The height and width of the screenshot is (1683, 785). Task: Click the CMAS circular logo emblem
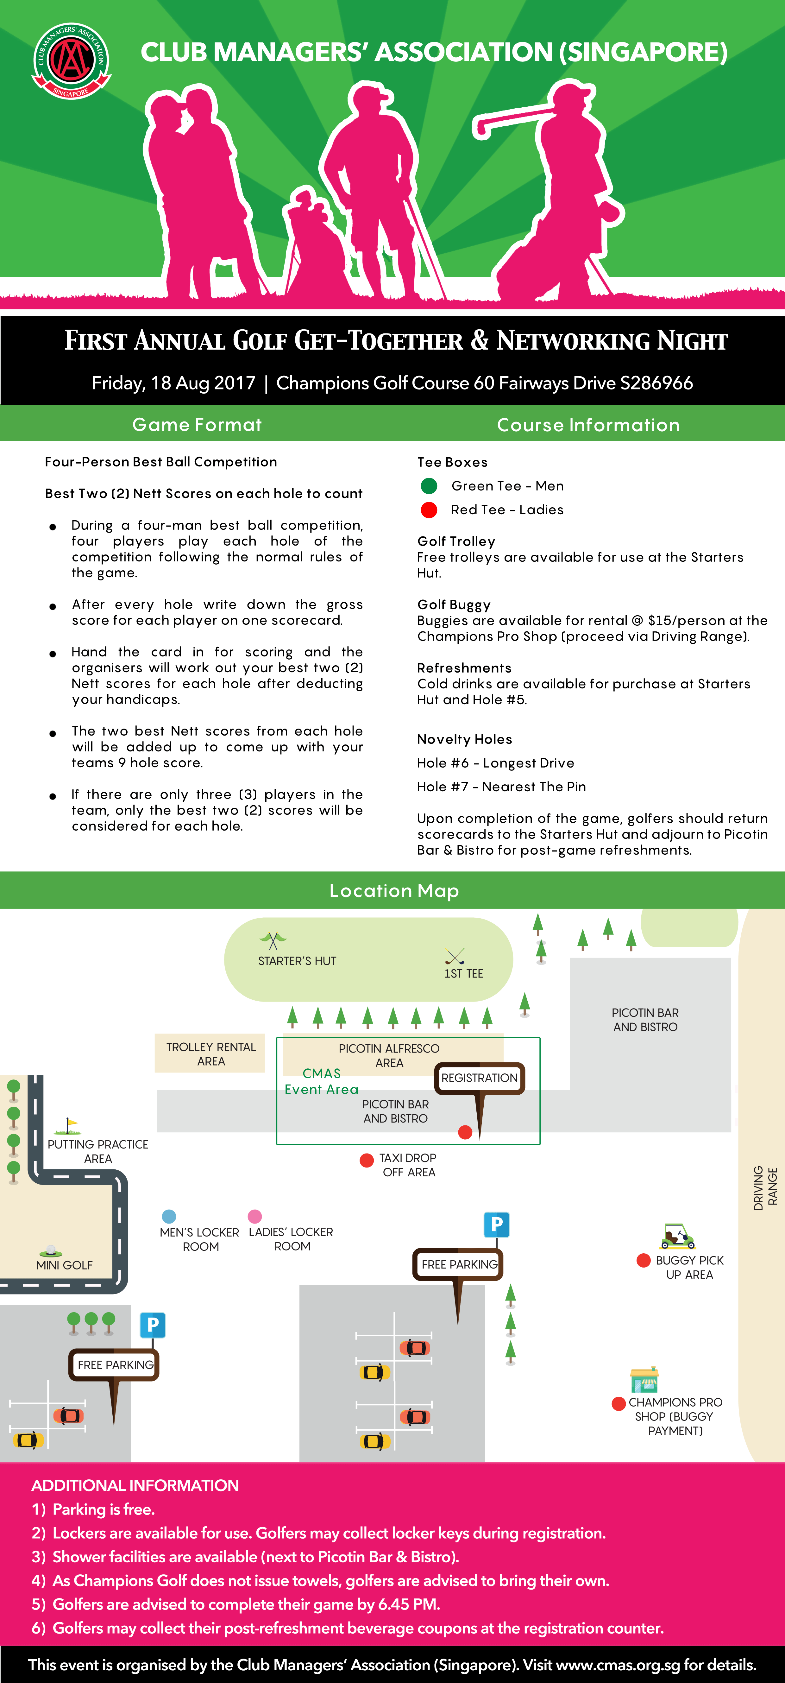pos(71,61)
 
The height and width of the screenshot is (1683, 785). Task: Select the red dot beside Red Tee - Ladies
pos(429,509)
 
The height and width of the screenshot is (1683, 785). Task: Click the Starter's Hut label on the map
pos(297,961)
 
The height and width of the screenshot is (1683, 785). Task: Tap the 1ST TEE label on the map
pos(464,973)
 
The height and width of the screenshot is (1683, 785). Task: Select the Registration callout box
pos(479,1078)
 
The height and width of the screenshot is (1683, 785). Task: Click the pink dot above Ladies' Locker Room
pos(255,1216)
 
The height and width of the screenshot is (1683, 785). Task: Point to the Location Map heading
pos(394,890)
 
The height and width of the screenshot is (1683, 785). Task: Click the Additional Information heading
pos(135,1485)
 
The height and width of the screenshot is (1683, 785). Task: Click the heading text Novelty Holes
pos(464,739)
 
